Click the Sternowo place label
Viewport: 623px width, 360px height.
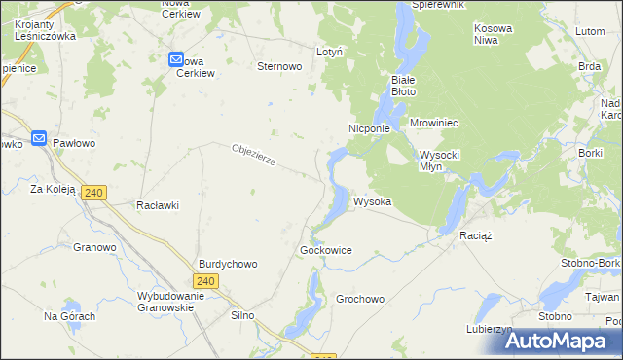[x=279, y=66]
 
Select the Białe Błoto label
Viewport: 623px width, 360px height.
[x=403, y=86]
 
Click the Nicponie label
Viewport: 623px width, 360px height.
[x=369, y=127]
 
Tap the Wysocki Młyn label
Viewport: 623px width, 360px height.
[x=445, y=161]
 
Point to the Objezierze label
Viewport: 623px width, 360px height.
[x=256, y=155]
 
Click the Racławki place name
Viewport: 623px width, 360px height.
[x=158, y=205]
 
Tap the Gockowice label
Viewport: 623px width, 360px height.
[x=326, y=250]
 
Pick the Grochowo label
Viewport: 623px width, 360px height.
[x=360, y=299]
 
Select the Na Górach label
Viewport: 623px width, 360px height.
[x=70, y=316]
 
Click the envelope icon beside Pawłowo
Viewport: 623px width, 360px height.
[x=39, y=139]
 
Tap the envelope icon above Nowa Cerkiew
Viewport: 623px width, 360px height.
[x=176, y=60]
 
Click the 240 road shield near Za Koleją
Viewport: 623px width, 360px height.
[x=93, y=193]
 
